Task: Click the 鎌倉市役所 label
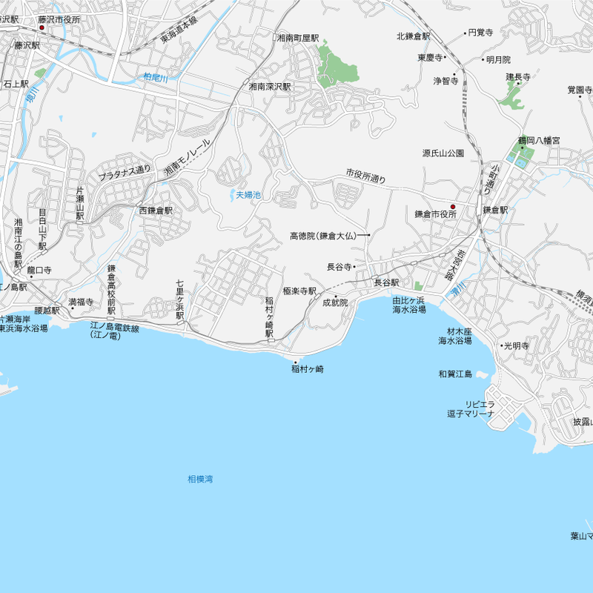pyautogui.click(x=436, y=214)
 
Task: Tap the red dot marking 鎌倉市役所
pyautogui.click(x=453, y=207)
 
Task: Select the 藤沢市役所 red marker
pyautogui.click(x=42, y=28)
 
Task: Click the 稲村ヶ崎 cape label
pyautogui.click(x=308, y=369)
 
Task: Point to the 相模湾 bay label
pyautogui.click(x=200, y=480)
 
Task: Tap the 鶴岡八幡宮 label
pyautogui.click(x=539, y=140)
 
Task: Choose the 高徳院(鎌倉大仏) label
pyautogui.click(x=323, y=236)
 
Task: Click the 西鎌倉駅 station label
pyautogui.click(x=156, y=211)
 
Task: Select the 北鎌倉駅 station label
pyautogui.click(x=414, y=36)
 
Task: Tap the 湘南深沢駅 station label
pyautogui.click(x=270, y=87)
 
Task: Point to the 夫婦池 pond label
pyautogui.click(x=248, y=195)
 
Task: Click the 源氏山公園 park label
pyautogui.click(x=443, y=153)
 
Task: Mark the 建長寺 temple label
pyautogui.click(x=519, y=76)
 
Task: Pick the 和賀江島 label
pyautogui.click(x=455, y=374)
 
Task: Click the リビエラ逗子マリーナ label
pyautogui.click(x=470, y=409)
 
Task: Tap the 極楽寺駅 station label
pyautogui.click(x=299, y=291)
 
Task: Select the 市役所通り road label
pyautogui.click(x=366, y=176)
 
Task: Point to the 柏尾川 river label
pyautogui.click(x=157, y=77)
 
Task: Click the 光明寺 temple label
pyautogui.click(x=516, y=346)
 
